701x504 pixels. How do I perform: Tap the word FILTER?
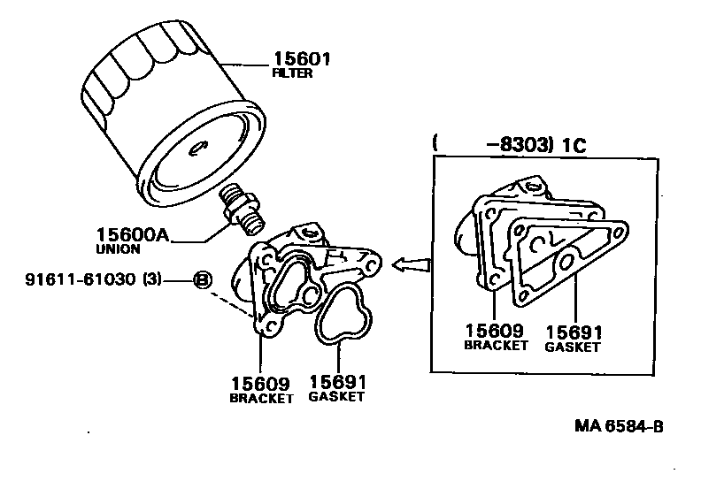tap(293, 74)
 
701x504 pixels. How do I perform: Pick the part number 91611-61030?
tap(81, 280)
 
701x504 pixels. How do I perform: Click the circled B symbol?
tap(201, 280)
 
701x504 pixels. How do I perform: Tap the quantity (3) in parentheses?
tap(151, 280)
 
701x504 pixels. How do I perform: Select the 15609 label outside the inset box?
tap(260, 384)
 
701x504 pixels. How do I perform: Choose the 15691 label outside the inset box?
tap(337, 382)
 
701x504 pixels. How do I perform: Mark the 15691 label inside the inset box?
tap(574, 332)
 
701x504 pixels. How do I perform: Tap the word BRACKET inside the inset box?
tap(496, 345)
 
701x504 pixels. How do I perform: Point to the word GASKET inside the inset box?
tap(572, 347)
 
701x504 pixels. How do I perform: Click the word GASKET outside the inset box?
tap(336, 397)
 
